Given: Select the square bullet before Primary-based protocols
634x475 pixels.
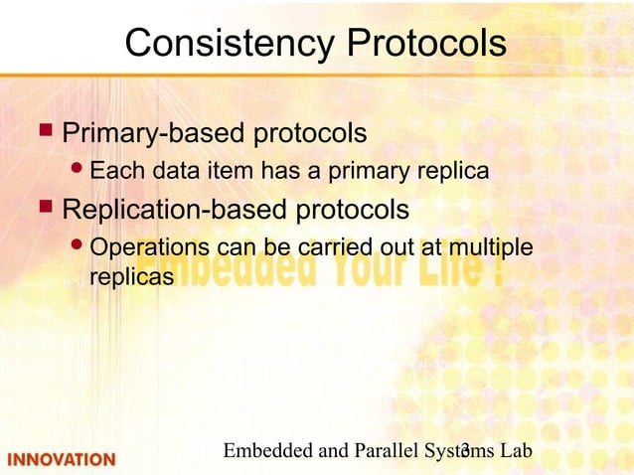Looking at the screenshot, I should (44, 131).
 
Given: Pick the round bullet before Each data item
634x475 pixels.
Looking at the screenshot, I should (79, 172).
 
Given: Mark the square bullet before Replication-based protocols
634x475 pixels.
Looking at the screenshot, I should (44, 210).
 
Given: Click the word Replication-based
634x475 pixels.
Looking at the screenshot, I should (174, 211).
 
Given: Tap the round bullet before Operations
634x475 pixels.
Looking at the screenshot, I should (79, 247).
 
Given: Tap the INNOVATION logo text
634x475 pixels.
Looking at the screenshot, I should (62, 459).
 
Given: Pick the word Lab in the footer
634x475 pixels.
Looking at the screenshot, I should (517, 451).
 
